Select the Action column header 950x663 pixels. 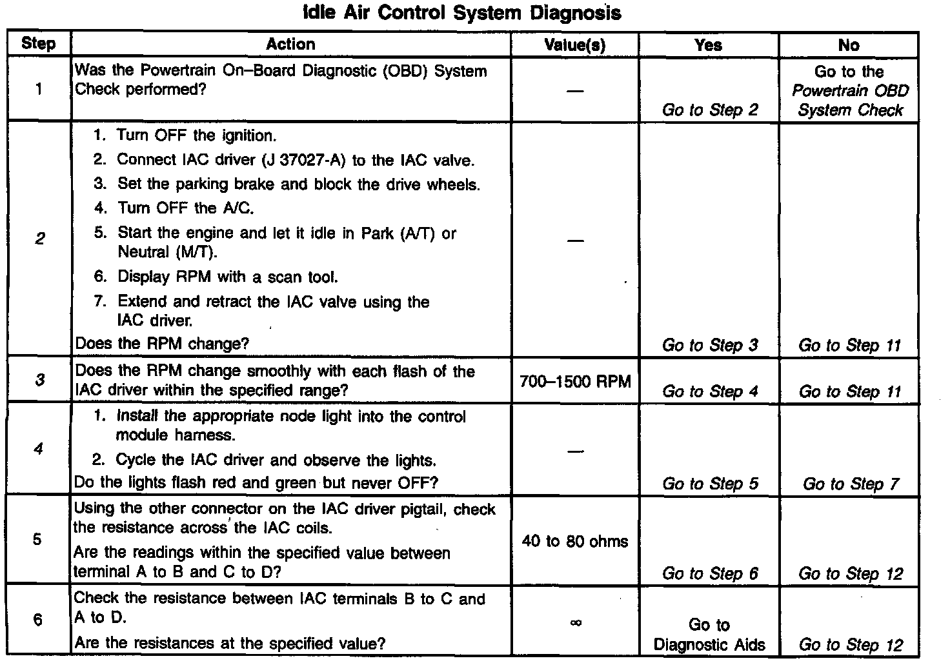[x=290, y=45]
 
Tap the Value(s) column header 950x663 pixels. [x=574, y=45]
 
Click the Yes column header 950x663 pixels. [x=708, y=45]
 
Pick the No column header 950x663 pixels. [x=849, y=45]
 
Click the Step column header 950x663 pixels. [x=39, y=44]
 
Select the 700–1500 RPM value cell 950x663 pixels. [x=574, y=381]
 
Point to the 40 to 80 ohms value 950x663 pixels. [x=574, y=541]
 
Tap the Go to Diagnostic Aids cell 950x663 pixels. [x=709, y=635]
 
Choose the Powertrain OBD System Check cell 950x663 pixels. [x=849, y=91]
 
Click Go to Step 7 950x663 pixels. [x=850, y=484]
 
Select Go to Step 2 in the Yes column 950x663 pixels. [x=710, y=110]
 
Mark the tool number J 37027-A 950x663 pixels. [x=305, y=160]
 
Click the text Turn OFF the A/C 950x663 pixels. [x=186, y=208]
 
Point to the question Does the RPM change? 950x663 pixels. [x=162, y=344]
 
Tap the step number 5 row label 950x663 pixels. [x=38, y=539]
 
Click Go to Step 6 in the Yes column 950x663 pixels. [x=710, y=573]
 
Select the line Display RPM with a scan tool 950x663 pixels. [x=227, y=277]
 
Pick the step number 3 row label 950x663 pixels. [x=39, y=380]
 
